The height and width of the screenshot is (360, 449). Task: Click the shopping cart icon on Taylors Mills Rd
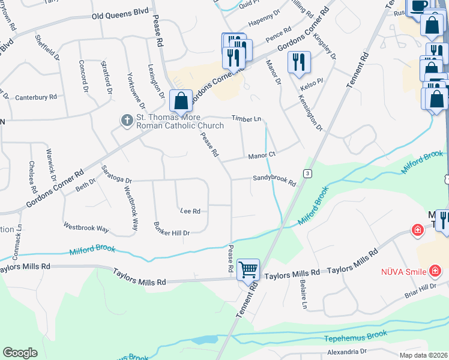pyautogui.click(x=248, y=269)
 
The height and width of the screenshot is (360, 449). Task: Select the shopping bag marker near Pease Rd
pyautogui.click(x=181, y=101)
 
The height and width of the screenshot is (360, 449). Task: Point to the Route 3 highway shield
pyautogui.click(x=307, y=173)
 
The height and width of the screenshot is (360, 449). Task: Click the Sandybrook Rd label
pyautogui.click(x=274, y=178)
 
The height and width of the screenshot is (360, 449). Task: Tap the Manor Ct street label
pyautogui.click(x=262, y=155)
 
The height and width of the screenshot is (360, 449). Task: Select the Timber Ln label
pyautogui.click(x=247, y=119)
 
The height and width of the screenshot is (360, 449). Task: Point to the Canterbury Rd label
pyautogui.click(x=35, y=97)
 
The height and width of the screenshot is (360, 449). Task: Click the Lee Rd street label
pyautogui.click(x=190, y=211)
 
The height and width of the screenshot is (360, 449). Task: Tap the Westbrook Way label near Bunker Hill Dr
pyautogui.click(x=86, y=229)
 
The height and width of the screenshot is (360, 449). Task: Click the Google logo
pyautogui.click(x=20, y=353)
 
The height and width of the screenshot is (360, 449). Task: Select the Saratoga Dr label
pyautogui.click(x=116, y=175)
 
